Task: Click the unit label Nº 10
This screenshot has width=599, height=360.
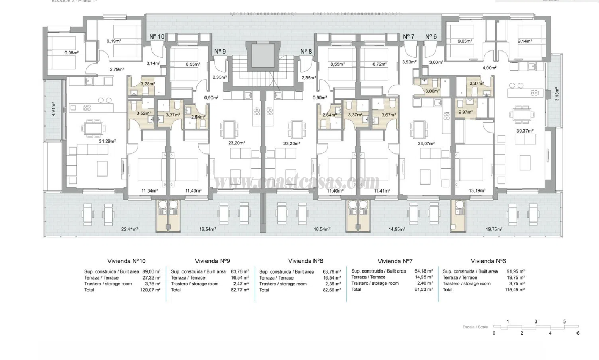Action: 157,36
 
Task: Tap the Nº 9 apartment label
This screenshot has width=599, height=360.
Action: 220,52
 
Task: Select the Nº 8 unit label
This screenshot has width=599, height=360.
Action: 306,52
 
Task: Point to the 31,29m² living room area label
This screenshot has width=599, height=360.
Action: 108,141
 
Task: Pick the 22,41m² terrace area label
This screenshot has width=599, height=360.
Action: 130,229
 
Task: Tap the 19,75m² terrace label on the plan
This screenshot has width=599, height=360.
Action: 494,229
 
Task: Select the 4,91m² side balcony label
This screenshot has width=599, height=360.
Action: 53,109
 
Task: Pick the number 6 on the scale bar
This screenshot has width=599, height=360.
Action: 578,333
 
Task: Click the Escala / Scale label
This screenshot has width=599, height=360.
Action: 475,326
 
